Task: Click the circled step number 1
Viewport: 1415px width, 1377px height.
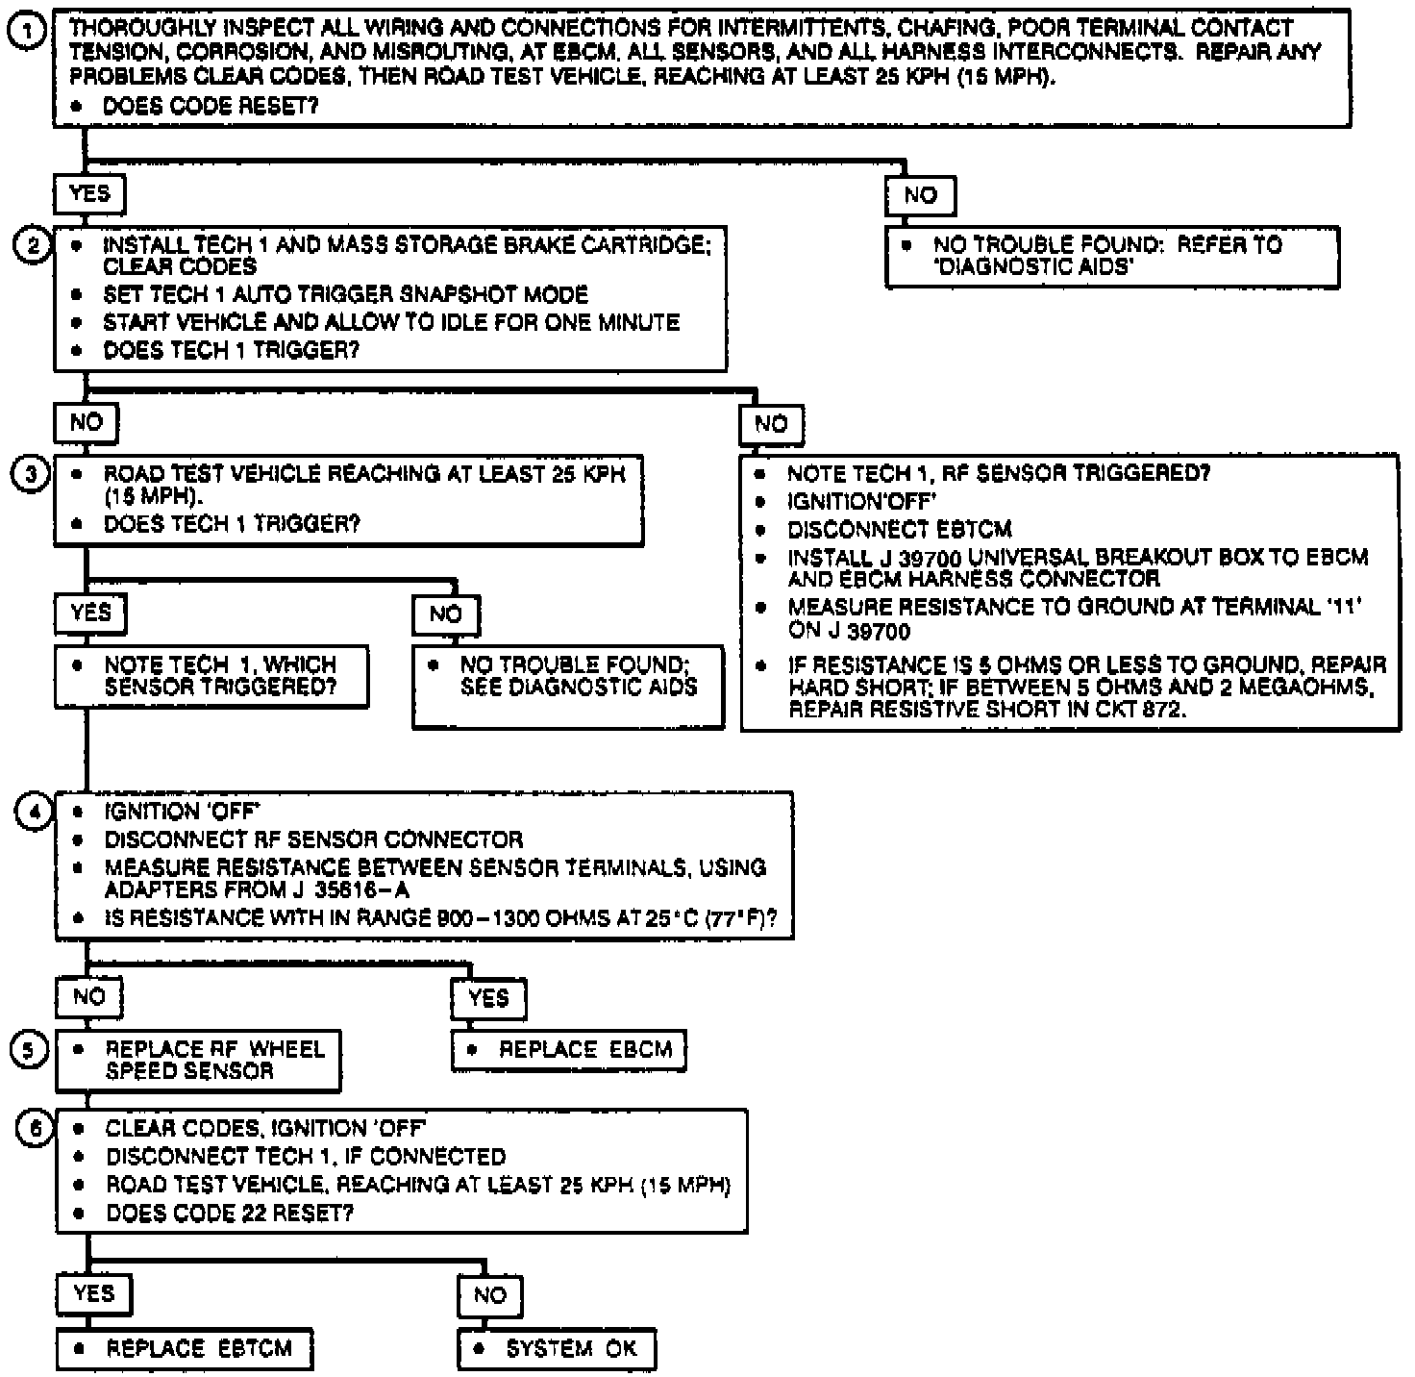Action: [x=26, y=33]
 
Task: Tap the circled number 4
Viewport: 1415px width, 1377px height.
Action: [x=34, y=812]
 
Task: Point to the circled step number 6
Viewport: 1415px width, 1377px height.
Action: [x=35, y=1128]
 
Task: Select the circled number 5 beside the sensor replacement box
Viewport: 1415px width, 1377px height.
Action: [x=29, y=1050]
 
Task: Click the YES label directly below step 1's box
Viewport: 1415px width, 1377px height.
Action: [x=89, y=194]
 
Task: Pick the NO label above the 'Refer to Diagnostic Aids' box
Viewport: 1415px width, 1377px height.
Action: [x=920, y=196]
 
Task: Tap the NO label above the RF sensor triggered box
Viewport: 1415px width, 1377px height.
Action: [x=770, y=424]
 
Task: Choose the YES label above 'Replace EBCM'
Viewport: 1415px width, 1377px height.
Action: [x=488, y=998]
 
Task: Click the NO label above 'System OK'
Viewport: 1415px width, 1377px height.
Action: [x=489, y=1295]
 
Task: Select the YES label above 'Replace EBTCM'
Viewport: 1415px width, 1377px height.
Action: [x=92, y=1294]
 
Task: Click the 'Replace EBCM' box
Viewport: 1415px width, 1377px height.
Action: [x=569, y=1050]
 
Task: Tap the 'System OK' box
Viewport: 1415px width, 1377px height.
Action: [x=557, y=1348]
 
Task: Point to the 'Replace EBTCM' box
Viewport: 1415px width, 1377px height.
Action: [x=185, y=1348]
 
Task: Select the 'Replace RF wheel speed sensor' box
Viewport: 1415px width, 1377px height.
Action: [x=198, y=1061]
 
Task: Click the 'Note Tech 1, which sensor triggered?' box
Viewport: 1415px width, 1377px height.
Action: [x=211, y=677]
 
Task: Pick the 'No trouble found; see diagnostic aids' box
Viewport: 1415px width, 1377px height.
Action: [x=568, y=686]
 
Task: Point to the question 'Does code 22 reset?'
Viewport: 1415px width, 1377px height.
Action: [x=230, y=1213]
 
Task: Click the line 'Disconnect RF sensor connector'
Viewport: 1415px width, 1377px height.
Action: [x=313, y=839]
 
